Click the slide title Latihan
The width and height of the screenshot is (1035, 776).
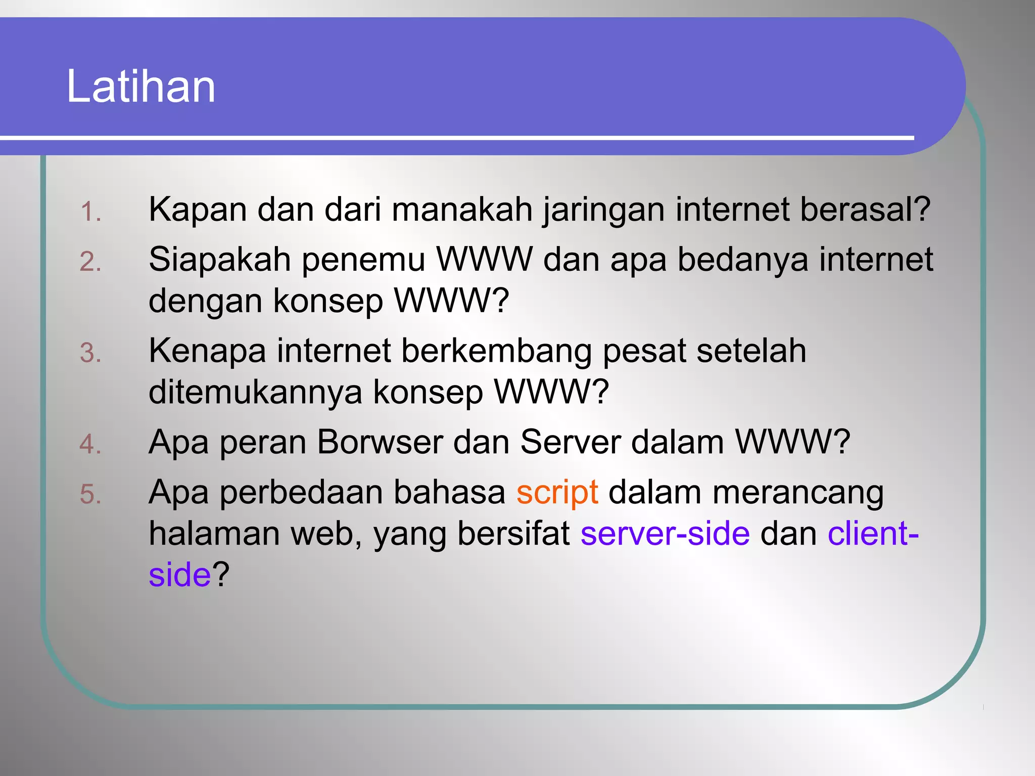click(x=141, y=86)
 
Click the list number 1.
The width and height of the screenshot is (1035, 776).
click(x=90, y=212)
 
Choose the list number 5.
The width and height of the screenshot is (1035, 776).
click(x=90, y=494)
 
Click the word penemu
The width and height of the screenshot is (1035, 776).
click(x=363, y=260)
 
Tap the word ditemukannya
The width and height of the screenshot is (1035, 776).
click(x=255, y=393)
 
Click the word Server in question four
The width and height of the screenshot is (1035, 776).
click(x=570, y=442)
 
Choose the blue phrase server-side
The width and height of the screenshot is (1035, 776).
click(x=665, y=533)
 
